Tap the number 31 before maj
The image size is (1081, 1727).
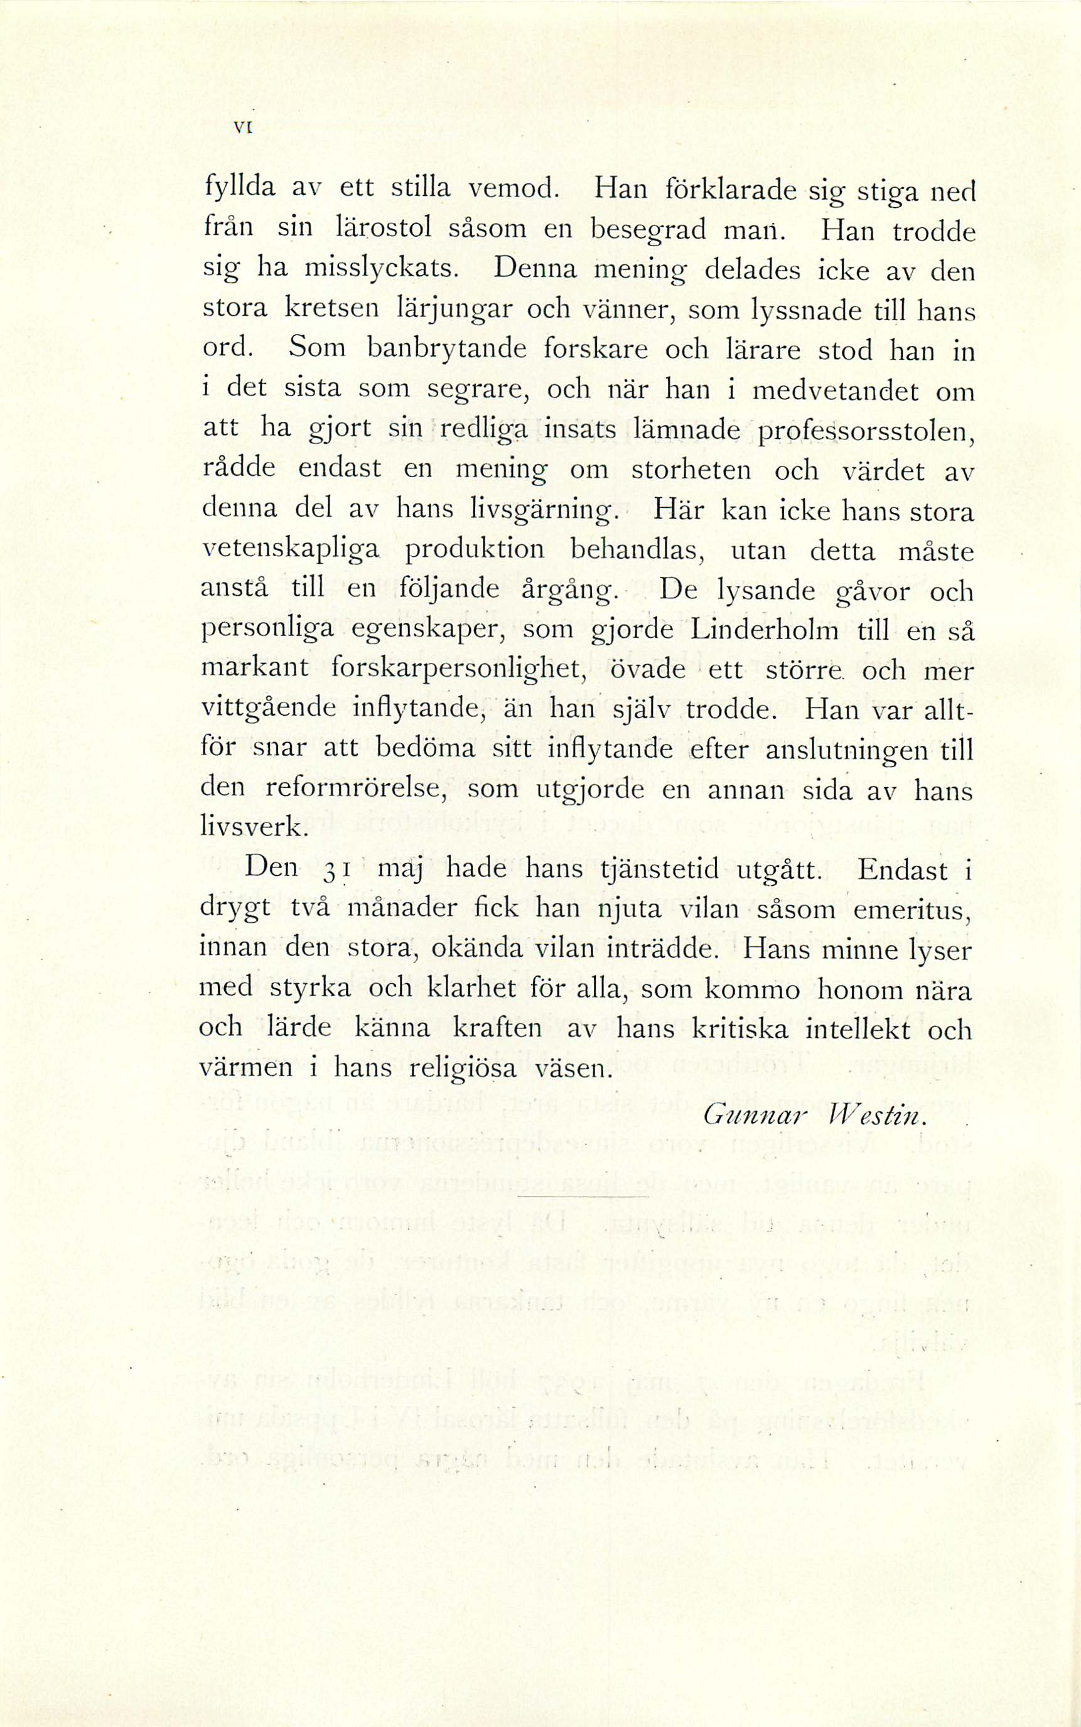(335, 871)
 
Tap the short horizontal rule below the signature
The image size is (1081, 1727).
(582, 1197)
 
